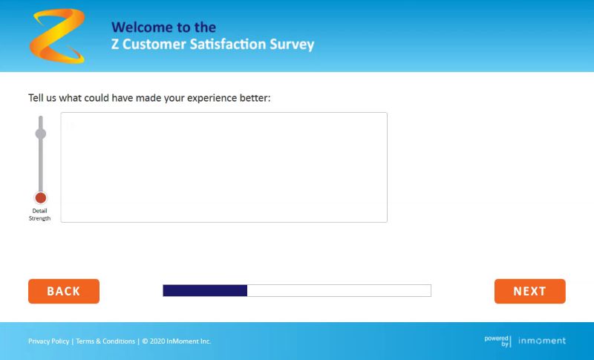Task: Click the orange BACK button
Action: (64, 291)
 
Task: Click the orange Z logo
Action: (57, 36)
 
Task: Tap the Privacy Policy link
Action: (48, 341)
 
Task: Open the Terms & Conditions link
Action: (105, 341)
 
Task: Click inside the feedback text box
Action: (224, 167)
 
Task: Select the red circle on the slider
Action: (41, 197)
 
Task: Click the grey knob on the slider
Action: (41, 134)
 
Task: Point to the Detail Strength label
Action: (39, 215)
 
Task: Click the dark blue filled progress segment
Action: (205, 290)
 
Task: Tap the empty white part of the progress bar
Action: (339, 290)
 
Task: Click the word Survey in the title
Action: (292, 45)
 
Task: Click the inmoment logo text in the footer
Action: (542, 341)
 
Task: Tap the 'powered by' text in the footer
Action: (497, 341)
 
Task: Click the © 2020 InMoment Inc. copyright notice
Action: (177, 341)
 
